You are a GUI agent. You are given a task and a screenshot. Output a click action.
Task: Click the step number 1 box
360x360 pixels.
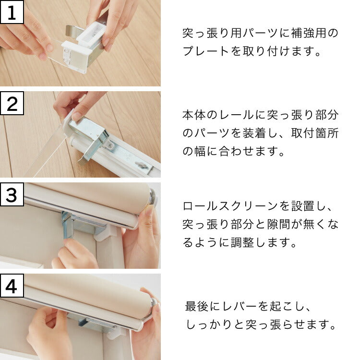click(x=12, y=12)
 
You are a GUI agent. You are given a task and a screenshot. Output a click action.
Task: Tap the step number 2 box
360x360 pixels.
click(x=12, y=103)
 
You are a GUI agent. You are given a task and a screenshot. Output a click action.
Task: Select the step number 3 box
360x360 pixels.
click(x=12, y=194)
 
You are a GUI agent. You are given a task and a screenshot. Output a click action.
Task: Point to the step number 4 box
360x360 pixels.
click(x=12, y=286)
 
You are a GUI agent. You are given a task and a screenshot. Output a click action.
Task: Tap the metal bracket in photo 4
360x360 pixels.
click(x=91, y=322)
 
